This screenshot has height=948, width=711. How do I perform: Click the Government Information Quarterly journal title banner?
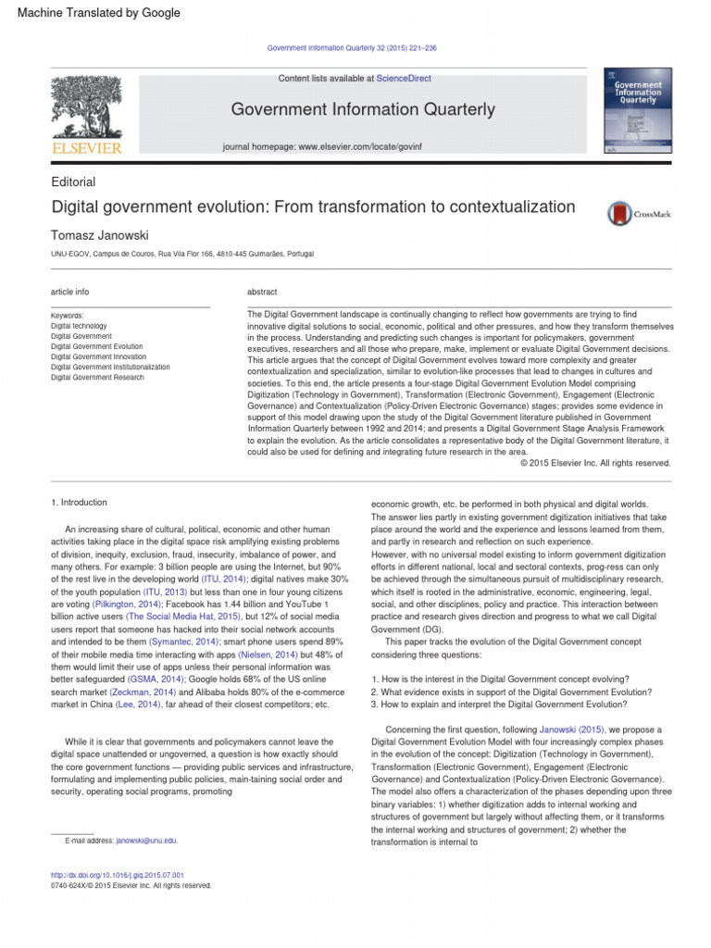pos(363,110)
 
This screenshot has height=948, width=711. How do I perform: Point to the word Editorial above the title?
pos(73,182)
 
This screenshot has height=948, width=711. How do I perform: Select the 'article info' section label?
pos(70,292)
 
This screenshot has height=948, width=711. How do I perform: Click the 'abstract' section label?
pos(262,292)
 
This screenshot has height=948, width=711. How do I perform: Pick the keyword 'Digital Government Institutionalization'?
pos(110,367)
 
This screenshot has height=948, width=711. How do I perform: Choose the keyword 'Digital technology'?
pos(79,326)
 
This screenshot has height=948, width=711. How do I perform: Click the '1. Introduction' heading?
pos(79,503)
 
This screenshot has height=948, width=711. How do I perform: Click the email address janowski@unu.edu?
pos(147,841)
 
